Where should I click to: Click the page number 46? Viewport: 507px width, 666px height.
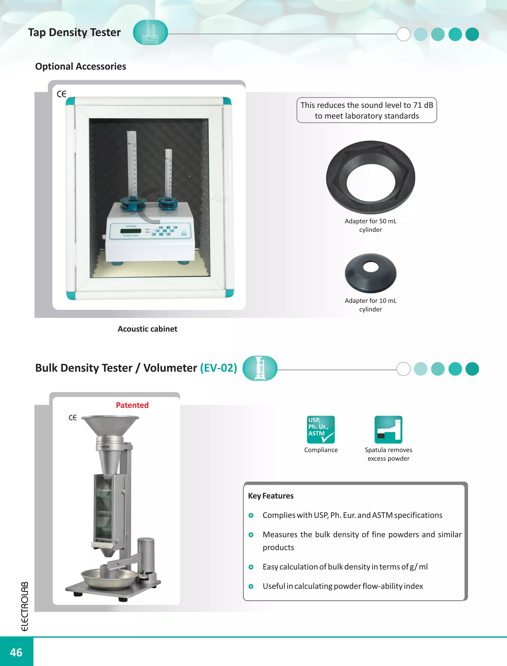tap(16, 652)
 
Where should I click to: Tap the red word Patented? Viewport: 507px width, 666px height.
tap(132, 405)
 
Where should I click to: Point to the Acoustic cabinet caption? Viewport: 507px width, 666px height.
tap(147, 329)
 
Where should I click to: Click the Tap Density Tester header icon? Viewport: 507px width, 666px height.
tap(150, 32)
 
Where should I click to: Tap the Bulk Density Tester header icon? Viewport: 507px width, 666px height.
tap(260, 368)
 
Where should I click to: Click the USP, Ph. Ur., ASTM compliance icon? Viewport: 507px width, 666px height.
tap(321, 429)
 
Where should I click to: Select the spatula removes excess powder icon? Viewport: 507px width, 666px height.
tap(388, 429)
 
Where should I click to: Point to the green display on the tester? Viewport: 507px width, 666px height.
tap(130, 231)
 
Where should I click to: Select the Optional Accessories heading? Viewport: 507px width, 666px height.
tap(80, 66)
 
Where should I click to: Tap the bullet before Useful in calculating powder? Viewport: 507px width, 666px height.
tap(251, 586)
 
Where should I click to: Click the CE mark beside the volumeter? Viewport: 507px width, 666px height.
tap(73, 418)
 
